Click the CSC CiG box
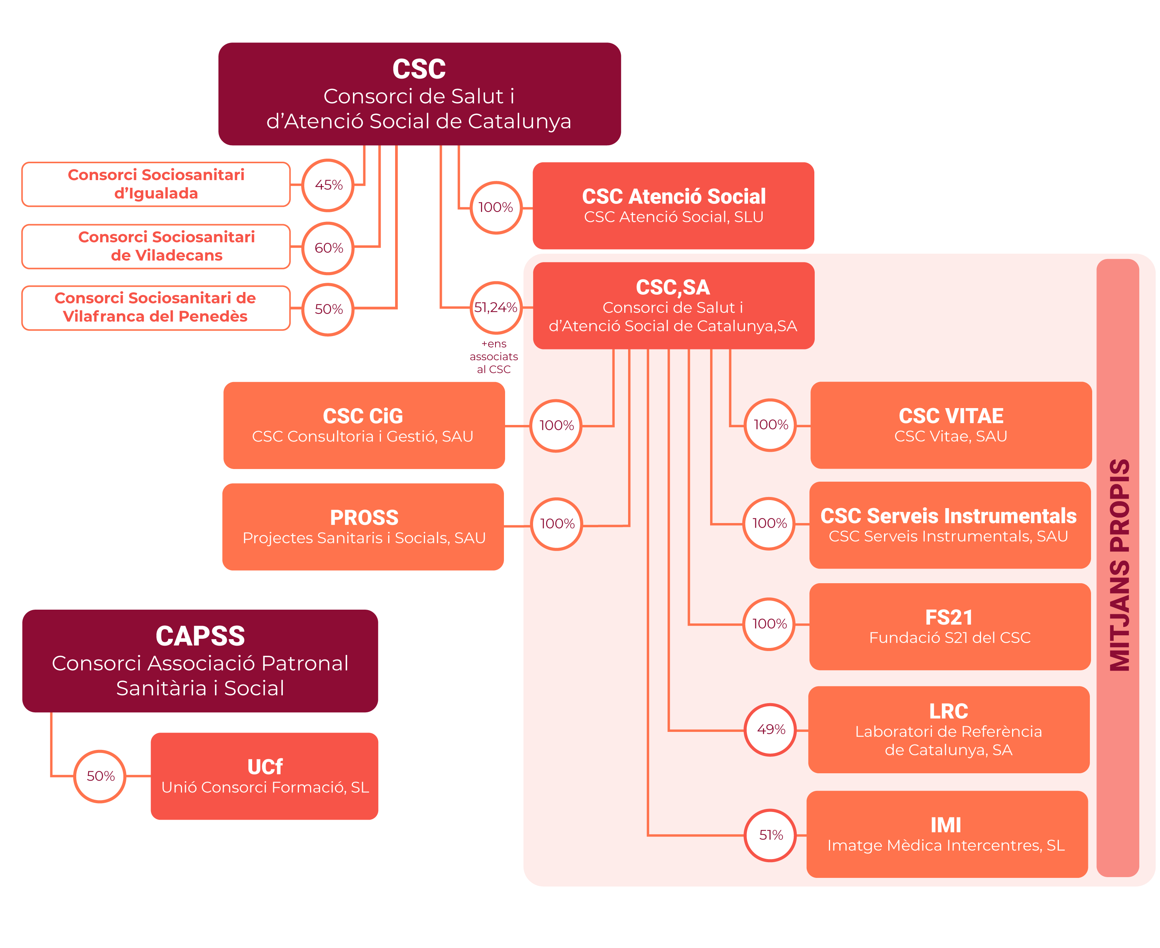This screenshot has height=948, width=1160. (x=364, y=425)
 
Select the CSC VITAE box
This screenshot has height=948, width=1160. (x=951, y=425)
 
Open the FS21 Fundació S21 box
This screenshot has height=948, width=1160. (x=950, y=627)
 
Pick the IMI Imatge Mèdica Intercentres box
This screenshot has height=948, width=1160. (x=947, y=835)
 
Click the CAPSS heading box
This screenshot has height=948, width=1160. (x=200, y=661)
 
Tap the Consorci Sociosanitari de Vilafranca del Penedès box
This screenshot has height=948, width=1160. (x=156, y=308)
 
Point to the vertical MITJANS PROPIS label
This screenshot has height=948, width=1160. (x=1119, y=565)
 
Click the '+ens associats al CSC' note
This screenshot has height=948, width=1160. (x=494, y=357)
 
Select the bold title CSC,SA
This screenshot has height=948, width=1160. (x=673, y=287)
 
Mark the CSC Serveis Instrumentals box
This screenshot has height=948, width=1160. (x=950, y=525)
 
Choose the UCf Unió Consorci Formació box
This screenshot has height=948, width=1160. (x=264, y=776)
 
